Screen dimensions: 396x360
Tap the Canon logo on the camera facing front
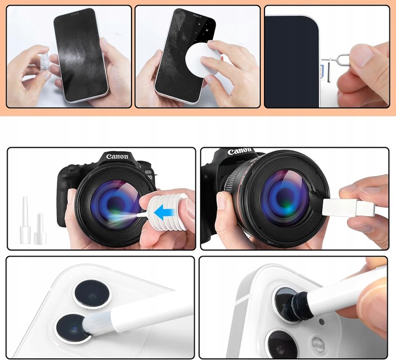click(x=117, y=157)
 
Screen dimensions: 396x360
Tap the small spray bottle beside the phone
click(x=43, y=63)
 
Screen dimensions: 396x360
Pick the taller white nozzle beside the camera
click(x=25, y=220)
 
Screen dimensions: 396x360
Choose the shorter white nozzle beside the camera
click(x=40, y=229)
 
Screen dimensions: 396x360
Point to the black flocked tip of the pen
click(x=299, y=304)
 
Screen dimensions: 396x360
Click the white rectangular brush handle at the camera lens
click(x=349, y=208)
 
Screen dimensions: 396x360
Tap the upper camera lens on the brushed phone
click(x=91, y=294)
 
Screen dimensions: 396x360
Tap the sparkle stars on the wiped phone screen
click(x=205, y=30)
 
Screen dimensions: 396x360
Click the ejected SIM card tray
click(x=326, y=70)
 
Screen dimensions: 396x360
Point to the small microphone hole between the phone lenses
click(x=322, y=322)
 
